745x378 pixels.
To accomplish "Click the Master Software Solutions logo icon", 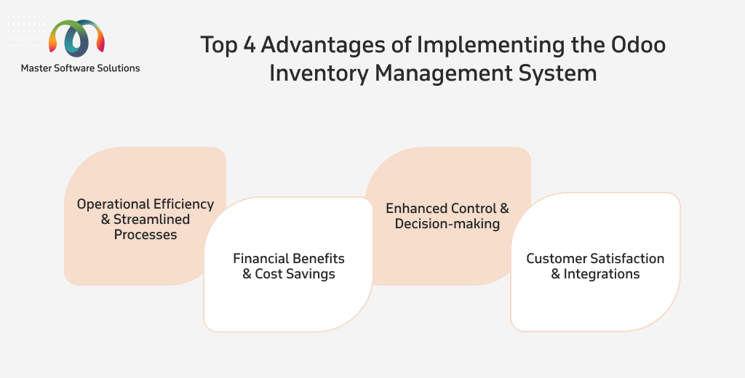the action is pyautogui.click(x=76, y=38).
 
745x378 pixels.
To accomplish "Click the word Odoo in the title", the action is pyautogui.click(x=638, y=44).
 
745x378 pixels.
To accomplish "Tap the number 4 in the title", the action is pyautogui.click(x=250, y=45).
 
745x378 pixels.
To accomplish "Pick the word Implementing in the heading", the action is pyautogui.click(x=491, y=46).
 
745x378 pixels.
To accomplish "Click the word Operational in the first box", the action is pyautogui.click(x=113, y=205).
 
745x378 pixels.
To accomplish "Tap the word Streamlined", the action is pyautogui.click(x=151, y=220).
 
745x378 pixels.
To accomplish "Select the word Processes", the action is pyautogui.click(x=146, y=235).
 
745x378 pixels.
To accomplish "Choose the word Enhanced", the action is pyautogui.click(x=416, y=209).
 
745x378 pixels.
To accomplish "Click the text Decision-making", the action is pyautogui.click(x=447, y=224).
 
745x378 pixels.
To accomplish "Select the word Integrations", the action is pyautogui.click(x=602, y=275).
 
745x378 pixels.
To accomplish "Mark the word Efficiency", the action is pyautogui.click(x=183, y=205).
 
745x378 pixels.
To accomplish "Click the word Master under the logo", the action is pyautogui.click(x=36, y=68).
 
